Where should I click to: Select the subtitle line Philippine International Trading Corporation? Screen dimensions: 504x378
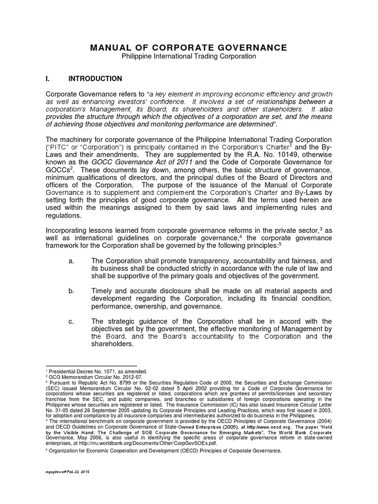point(189,57)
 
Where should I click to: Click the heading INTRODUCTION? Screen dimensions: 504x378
point(95,78)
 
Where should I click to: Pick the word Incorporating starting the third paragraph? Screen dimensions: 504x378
point(66,230)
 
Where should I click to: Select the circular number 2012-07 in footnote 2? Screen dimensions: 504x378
point(115,376)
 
